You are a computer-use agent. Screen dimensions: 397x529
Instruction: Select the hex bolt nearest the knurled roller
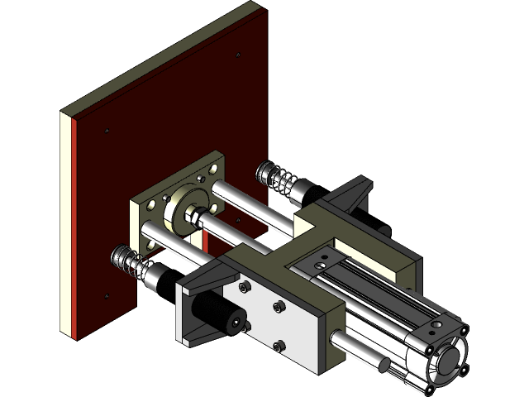[245, 288]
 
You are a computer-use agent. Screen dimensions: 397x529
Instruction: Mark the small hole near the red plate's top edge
[238, 55]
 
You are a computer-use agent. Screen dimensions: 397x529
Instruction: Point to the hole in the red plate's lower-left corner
[107, 295]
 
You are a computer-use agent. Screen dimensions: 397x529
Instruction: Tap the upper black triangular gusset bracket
[357, 194]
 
